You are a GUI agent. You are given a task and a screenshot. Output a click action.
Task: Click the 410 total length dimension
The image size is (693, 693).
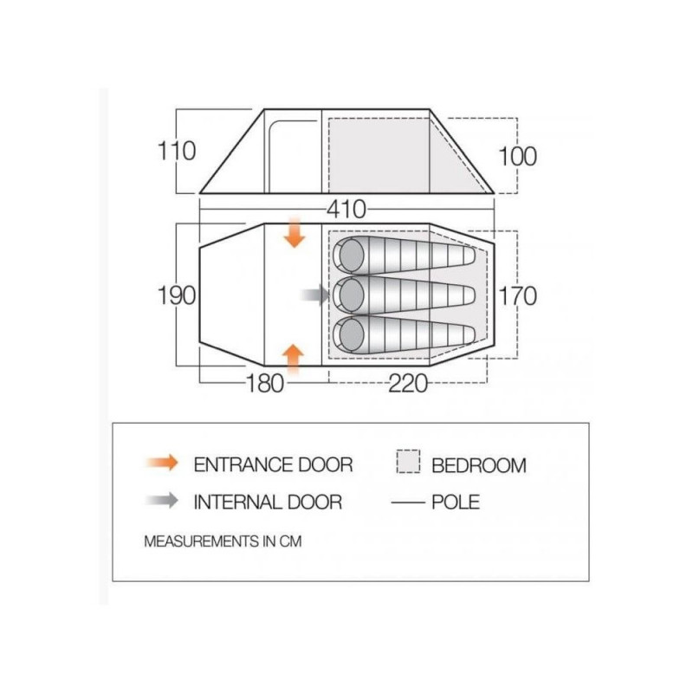pos(346,209)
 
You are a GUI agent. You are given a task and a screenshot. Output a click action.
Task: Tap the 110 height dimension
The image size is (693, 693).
pos(177,151)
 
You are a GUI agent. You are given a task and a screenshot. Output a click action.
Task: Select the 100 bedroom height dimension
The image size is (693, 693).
pos(517,156)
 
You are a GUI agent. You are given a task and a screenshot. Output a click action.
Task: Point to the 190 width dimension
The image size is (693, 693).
pos(177,295)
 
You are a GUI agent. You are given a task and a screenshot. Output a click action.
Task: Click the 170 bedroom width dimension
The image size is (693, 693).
pos(517,295)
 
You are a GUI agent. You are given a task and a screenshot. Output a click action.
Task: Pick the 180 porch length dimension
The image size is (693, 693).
pos(264,383)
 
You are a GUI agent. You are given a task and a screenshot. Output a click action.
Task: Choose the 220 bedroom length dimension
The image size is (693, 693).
pos(408,383)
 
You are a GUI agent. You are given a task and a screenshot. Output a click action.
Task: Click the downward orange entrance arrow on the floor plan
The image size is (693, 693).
pos(295,232)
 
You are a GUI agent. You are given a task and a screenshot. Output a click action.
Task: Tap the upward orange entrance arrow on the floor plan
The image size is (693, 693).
pos(293,358)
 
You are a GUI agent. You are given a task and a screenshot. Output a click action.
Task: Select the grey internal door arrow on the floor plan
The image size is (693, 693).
pos(315,295)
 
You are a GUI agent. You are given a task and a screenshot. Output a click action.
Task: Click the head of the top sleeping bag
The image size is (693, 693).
pos(351,255)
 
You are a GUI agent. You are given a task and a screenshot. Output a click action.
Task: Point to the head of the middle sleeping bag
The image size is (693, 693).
pos(351,294)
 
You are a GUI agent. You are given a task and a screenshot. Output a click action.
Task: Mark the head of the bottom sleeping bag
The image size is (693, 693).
pos(351,334)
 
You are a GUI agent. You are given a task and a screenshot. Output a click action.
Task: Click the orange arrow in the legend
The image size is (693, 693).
pos(162,463)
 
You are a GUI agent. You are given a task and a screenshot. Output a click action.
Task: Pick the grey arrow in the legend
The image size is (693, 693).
pos(162,501)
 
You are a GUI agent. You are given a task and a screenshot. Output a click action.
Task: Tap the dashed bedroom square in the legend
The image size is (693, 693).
pos(408,462)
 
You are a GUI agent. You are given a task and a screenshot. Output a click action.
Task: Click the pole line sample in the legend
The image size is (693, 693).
pos(407,502)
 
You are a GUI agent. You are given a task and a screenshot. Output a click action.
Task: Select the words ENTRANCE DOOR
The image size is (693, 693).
pos(273,464)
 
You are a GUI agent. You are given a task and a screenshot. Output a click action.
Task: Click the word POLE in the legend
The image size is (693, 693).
pos(456,502)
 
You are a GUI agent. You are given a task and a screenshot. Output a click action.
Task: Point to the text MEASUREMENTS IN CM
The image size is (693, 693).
pos(223,541)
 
